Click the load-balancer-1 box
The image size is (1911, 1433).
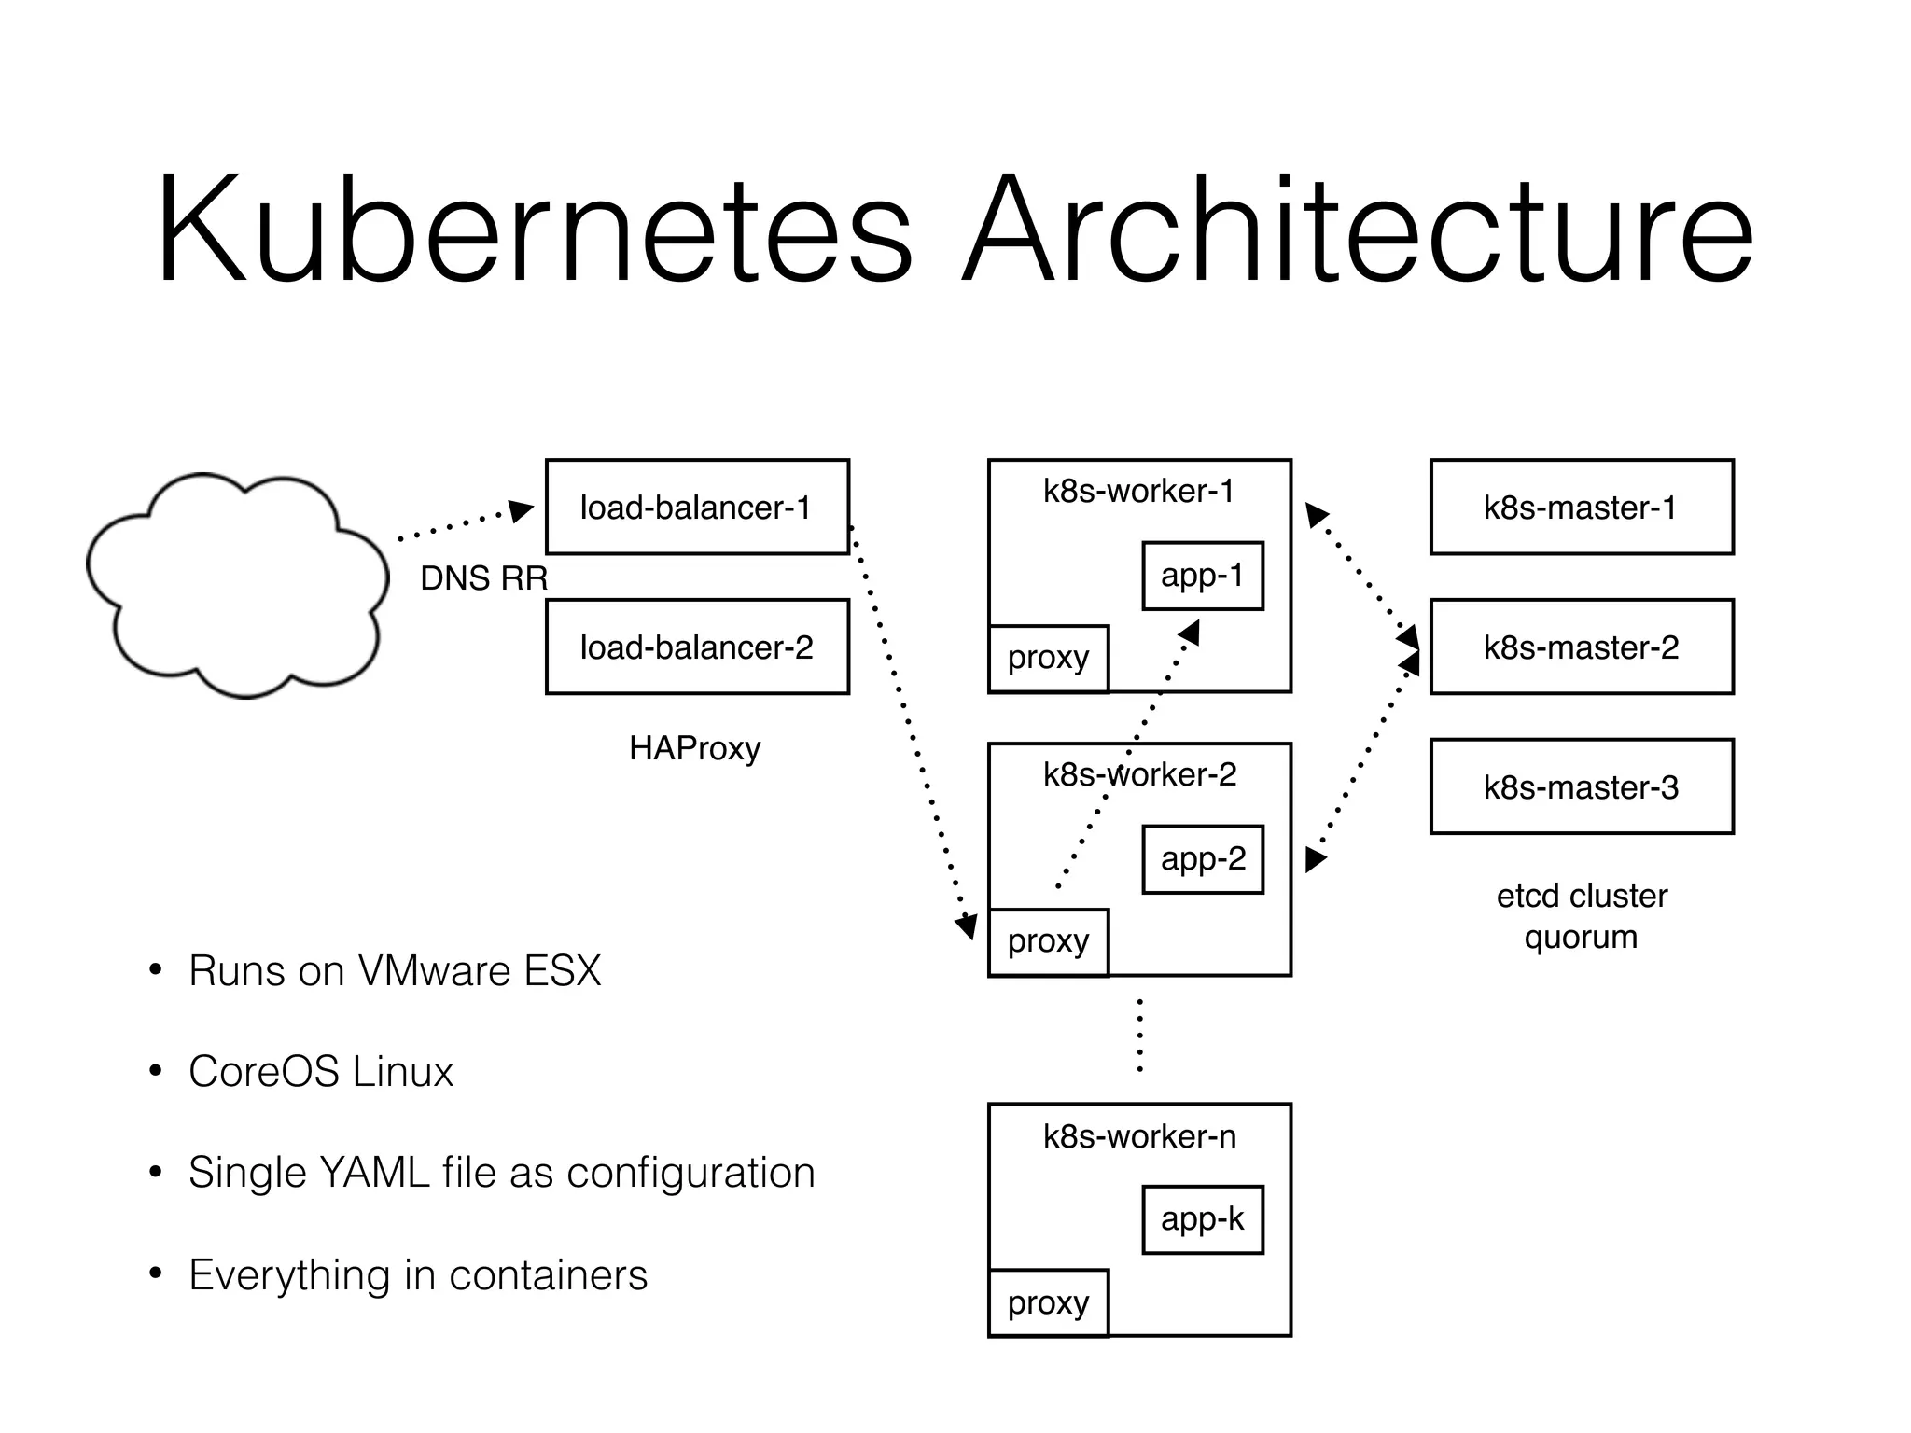click(697, 507)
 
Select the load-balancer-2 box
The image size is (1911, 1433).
click(697, 647)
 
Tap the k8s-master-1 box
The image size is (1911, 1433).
click(1582, 507)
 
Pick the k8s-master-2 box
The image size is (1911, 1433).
click(1582, 647)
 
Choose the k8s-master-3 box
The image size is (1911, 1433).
click(1582, 786)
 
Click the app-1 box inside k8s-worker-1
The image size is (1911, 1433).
click(1203, 576)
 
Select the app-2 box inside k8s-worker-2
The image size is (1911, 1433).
click(1203, 859)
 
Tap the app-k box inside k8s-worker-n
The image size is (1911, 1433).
click(1203, 1219)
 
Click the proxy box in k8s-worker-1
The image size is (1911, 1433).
click(1048, 659)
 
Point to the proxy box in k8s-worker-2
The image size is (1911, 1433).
click(1048, 942)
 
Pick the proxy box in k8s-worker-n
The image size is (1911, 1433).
click(1048, 1302)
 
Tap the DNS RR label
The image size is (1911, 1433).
click(483, 578)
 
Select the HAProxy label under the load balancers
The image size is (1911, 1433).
click(695, 748)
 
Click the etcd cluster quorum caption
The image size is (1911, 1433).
click(1582, 916)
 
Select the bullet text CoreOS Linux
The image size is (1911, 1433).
click(320, 1071)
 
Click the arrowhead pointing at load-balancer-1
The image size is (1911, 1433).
click(522, 510)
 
